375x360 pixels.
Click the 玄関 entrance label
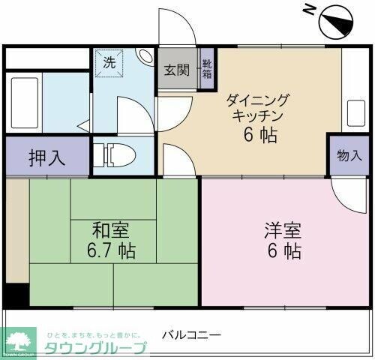click(x=176, y=70)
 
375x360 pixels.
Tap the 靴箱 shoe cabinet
click(x=206, y=70)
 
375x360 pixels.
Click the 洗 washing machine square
click(x=109, y=64)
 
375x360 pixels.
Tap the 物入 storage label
click(x=349, y=156)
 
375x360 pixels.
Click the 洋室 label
click(x=282, y=227)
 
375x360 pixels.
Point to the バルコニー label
click(x=191, y=333)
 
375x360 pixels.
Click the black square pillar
click(x=14, y=295)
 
